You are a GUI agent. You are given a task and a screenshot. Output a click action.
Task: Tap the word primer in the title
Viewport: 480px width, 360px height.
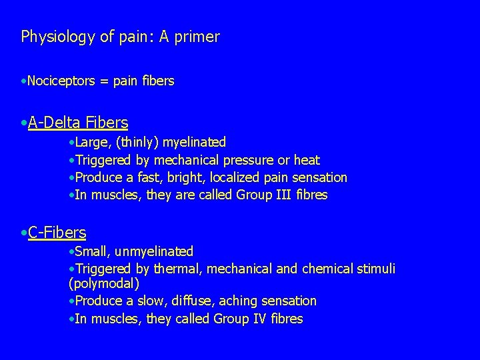pos(197,37)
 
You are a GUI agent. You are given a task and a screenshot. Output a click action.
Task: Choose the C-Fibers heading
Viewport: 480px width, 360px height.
pos(57,233)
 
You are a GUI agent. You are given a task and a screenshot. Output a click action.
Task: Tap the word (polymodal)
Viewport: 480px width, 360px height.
pos(103,284)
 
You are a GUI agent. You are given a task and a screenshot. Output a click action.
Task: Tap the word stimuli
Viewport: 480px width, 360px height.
pos(376,269)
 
